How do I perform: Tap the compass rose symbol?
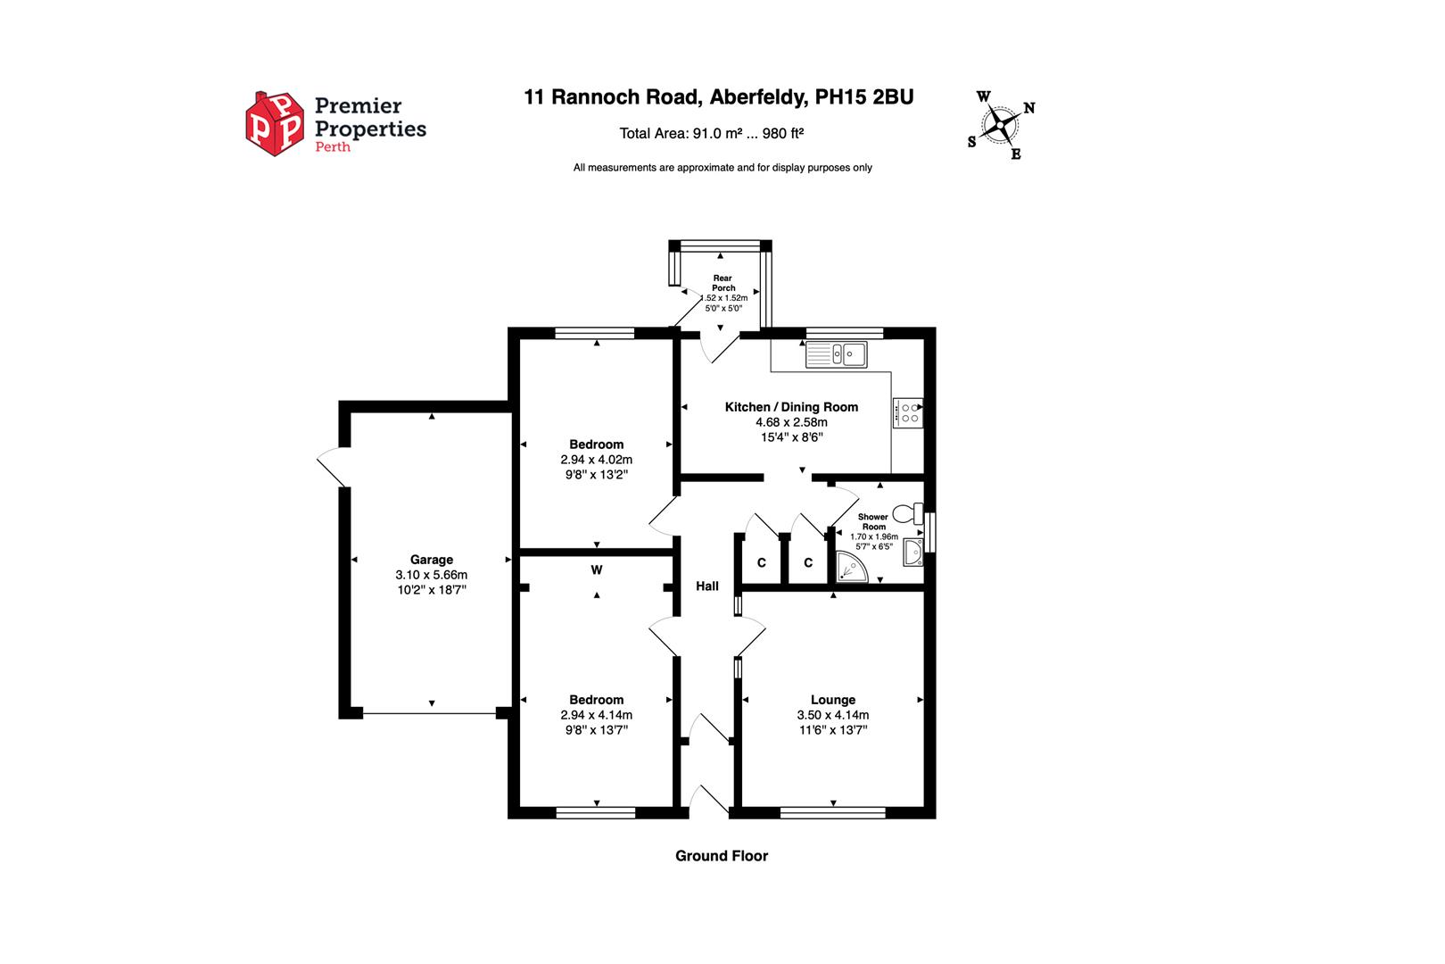(x=1002, y=124)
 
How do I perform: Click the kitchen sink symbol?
(x=836, y=354)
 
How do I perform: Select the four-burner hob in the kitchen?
(x=908, y=412)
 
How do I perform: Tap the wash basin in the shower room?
(x=912, y=553)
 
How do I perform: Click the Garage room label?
(x=432, y=560)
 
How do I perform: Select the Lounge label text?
(x=832, y=700)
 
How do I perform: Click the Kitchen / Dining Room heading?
(x=791, y=407)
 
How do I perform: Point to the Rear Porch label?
(x=723, y=283)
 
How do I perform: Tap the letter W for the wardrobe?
(x=596, y=569)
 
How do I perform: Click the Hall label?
(x=707, y=586)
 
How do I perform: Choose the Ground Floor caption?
(x=721, y=856)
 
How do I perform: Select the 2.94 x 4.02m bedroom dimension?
(x=596, y=460)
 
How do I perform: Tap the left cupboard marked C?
(x=761, y=562)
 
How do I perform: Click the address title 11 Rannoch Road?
(x=718, y=97)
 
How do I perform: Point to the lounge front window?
(x=832, y=812)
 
